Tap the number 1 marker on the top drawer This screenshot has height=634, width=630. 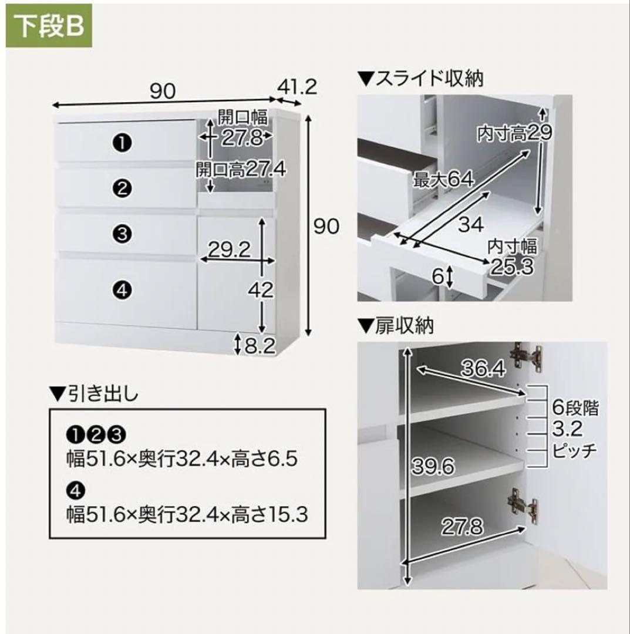pyautogui.click(x=122, y=142)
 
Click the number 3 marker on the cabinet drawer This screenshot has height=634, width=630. pyautogui.click(x=122, y=234)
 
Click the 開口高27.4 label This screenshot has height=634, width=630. pyautogui.click(x=240, y=170)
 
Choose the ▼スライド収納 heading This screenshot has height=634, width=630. pyautogui.click(x=420, y=79)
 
